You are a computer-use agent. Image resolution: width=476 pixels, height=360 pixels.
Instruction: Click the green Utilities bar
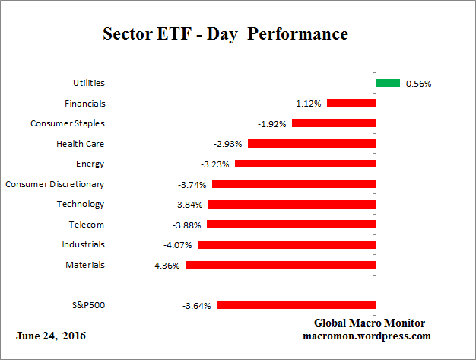point(388,83)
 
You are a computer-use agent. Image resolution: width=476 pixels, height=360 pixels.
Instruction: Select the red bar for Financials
point(351,103)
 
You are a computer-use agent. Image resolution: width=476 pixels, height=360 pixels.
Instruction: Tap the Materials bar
point(281,265)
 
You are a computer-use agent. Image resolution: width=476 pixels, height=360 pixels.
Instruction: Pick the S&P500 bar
point(297,305)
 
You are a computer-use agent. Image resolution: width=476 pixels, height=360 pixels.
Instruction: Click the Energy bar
point(306,164)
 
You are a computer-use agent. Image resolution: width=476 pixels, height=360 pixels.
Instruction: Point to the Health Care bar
point(312,143)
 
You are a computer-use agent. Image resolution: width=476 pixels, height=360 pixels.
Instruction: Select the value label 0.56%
point(418,84)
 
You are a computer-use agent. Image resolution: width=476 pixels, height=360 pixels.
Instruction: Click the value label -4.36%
point(167,266)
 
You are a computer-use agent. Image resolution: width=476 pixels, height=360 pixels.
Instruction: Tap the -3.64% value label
point(198,306)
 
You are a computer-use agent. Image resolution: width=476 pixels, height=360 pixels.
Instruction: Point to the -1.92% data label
point(273,123)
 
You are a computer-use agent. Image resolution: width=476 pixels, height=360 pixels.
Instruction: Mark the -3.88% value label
point(188,225)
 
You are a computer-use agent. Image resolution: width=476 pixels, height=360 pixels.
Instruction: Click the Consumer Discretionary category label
point(55,184)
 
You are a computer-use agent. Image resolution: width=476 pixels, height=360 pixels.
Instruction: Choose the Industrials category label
point(83,244)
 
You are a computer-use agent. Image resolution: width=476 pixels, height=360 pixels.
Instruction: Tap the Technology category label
point(81,204)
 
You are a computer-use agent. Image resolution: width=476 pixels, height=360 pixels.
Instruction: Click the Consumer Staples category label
point(68,123)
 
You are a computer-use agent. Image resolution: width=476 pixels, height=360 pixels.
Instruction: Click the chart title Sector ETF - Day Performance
point(224,35)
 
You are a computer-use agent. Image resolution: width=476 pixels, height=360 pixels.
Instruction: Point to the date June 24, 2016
point(51,336)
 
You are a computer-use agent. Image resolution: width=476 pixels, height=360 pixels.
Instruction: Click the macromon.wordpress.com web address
point(367,336)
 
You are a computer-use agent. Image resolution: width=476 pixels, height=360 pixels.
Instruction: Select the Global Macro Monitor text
point(370,323)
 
